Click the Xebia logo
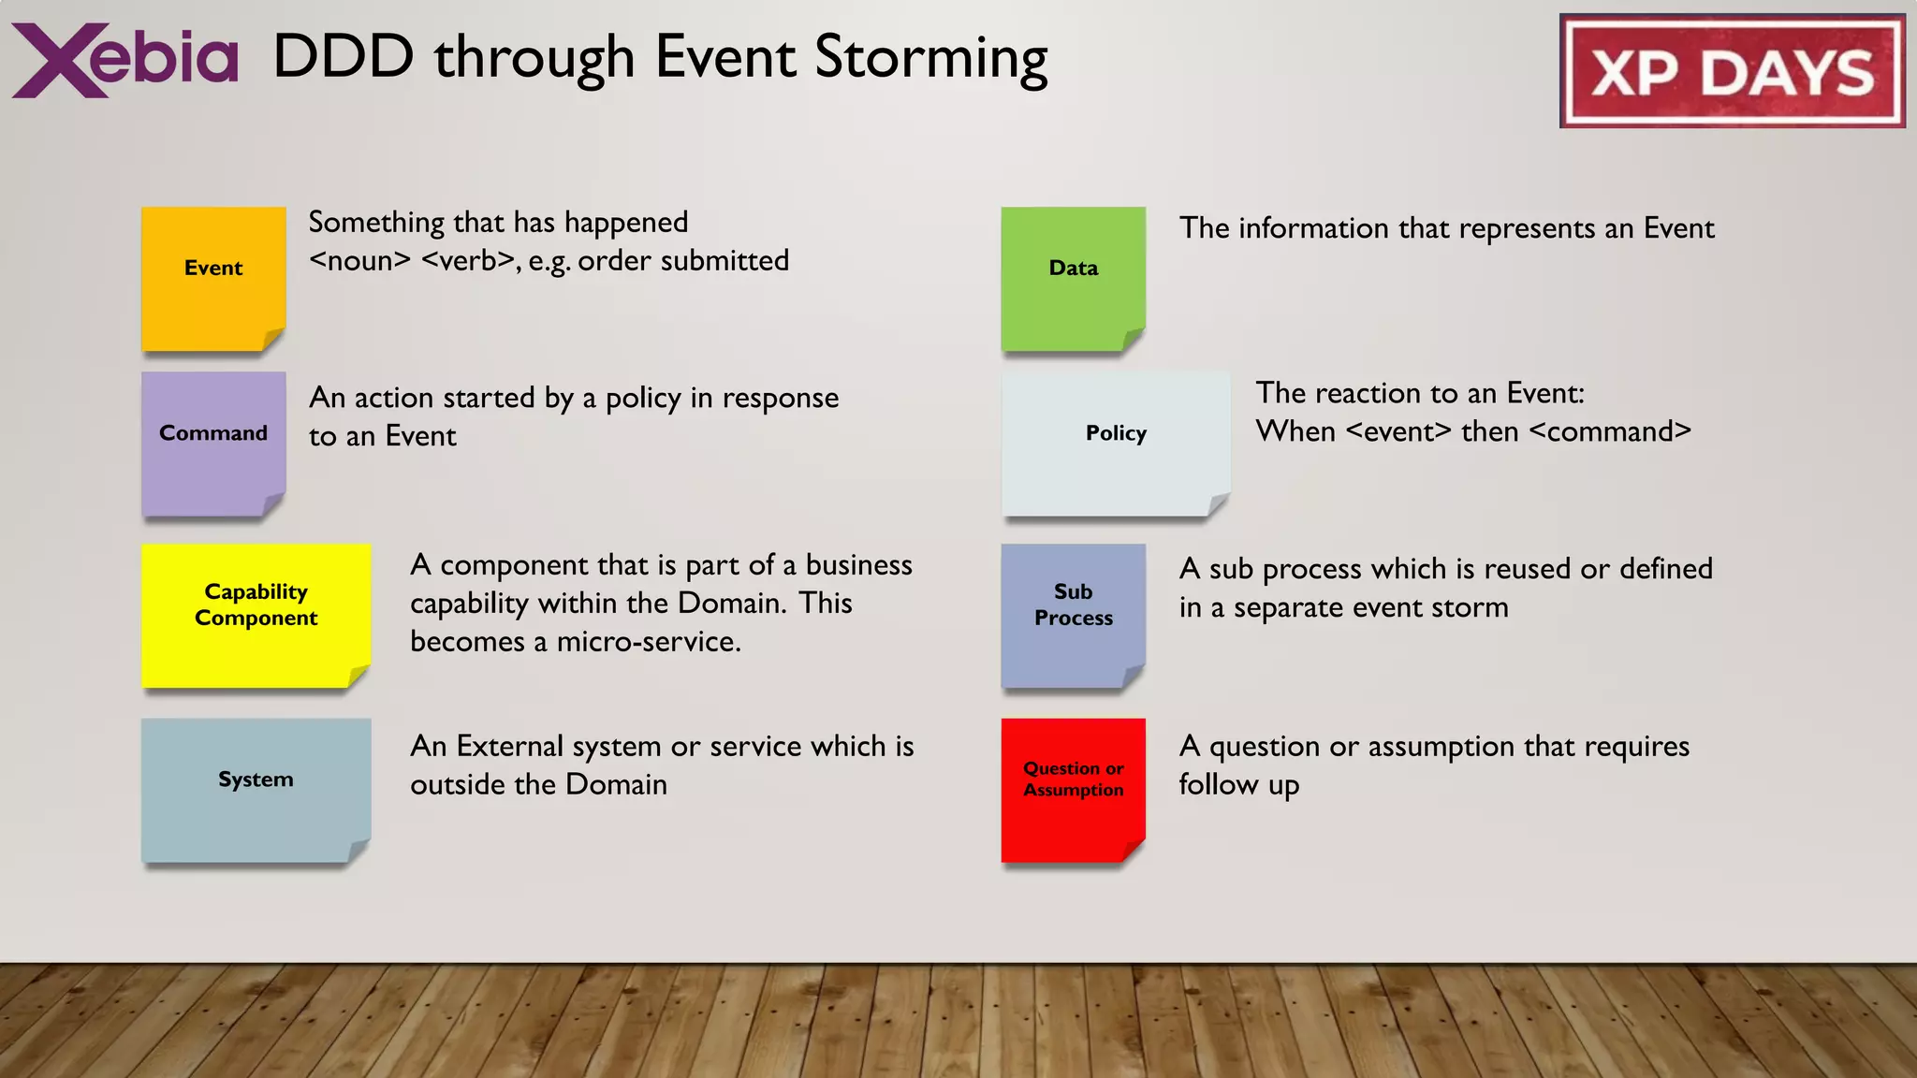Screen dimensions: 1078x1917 pyautogui.click(x=124, y=59)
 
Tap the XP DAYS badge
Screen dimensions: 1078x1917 pyautogui.click(x=1732, y=71)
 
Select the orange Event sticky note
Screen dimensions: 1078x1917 pyautogui.click(x=213, y=278)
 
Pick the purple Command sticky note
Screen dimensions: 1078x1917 pyautogui.click(x=213, y=443)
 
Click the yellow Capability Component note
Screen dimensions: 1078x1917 pyautogui.click(x=256, y=615)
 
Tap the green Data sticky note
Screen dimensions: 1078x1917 pyautogui.click(x=1073, y=278)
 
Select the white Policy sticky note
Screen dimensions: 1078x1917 pyautogui.click(x=1115, y=443)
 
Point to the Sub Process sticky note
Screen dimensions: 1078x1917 pyautogui.click(x=1073, y=615)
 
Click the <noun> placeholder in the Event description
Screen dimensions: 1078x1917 pyautogui.click(x=359, y=261)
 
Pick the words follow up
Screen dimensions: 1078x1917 pyautogui.click(x=1238, y=785)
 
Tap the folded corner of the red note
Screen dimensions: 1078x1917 pyautogui.click(x=1133, y=851)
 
